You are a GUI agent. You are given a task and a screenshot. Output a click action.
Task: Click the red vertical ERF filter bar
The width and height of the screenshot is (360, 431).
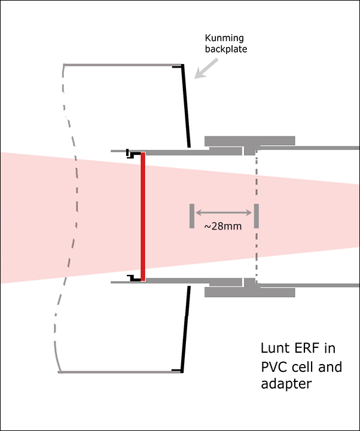pyautogui.click(x=143, y=216)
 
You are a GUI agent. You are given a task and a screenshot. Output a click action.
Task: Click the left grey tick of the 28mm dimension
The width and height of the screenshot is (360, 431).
pyautogui.click(x=191, y=216)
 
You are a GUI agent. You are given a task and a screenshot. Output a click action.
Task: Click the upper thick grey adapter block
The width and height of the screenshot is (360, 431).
pyautogui.click(x=249, y=142)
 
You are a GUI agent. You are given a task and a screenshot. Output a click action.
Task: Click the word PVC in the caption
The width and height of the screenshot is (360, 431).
pyautogui.click(x=275, y=366)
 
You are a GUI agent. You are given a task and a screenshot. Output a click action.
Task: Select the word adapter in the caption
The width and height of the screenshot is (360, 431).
pyautogui.click(x=286, y=384)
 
